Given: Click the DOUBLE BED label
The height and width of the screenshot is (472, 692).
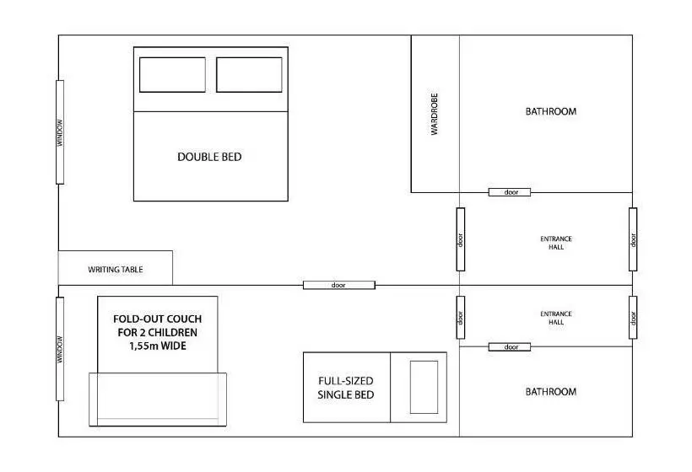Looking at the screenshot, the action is (209, 157).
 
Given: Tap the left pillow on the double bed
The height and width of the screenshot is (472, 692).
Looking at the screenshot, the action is (172, 75).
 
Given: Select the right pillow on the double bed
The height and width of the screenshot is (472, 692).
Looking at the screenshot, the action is (249, 75).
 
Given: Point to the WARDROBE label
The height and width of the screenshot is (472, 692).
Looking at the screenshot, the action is (435, 114).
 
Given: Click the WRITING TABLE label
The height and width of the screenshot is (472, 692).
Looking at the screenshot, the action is (115, 269).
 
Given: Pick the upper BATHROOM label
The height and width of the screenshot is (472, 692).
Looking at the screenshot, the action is (551, 111).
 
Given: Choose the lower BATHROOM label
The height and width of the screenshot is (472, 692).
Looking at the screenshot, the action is (551, 392).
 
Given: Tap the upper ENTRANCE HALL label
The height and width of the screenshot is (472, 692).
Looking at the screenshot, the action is (556, 243).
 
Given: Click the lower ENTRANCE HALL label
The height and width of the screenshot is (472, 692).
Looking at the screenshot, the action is (556, 318).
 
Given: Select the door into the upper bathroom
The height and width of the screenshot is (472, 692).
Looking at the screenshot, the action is (510, 192).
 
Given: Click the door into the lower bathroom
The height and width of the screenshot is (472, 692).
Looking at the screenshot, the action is (510, 347).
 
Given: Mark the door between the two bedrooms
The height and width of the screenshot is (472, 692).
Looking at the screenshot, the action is (339, 285).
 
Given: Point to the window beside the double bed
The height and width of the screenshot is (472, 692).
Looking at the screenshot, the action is (60, 132).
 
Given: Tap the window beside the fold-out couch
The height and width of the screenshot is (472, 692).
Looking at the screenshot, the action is (60, 349).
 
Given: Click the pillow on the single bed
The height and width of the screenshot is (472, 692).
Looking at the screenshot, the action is (424, 388).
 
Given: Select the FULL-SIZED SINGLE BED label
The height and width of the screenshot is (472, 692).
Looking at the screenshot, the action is (345, 388).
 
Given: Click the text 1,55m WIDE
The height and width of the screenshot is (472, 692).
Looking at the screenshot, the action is (158, 346).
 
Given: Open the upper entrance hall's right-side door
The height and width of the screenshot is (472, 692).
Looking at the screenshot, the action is (633, 239).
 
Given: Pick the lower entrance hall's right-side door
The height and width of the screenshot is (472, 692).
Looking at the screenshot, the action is (633, 317).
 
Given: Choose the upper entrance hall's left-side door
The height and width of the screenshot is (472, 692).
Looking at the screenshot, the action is (460, 239).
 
